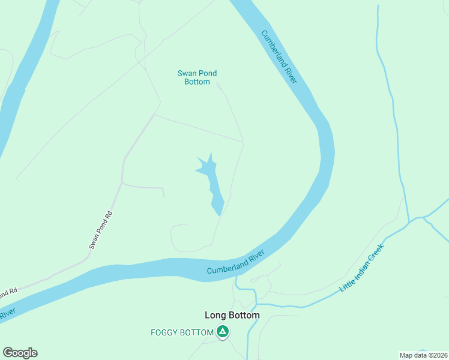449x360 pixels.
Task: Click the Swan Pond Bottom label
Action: [x=197, y=77]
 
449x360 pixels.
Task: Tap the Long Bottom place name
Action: [x=232, y=315]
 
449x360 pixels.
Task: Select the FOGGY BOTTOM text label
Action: [x=182, y=332]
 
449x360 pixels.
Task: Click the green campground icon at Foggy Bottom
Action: [x=223, y=332]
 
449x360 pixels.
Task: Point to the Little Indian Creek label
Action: [x=361, y=268]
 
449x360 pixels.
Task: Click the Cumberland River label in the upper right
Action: [x=280, y=57]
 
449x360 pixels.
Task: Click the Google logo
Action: [x=20, y=353]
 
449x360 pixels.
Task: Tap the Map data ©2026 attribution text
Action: [x=423, y=355]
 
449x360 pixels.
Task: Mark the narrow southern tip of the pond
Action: [x=218, y=211]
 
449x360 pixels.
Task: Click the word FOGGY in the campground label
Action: [x=163, y=332]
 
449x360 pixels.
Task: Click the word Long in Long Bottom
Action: [x=215, y=315]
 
